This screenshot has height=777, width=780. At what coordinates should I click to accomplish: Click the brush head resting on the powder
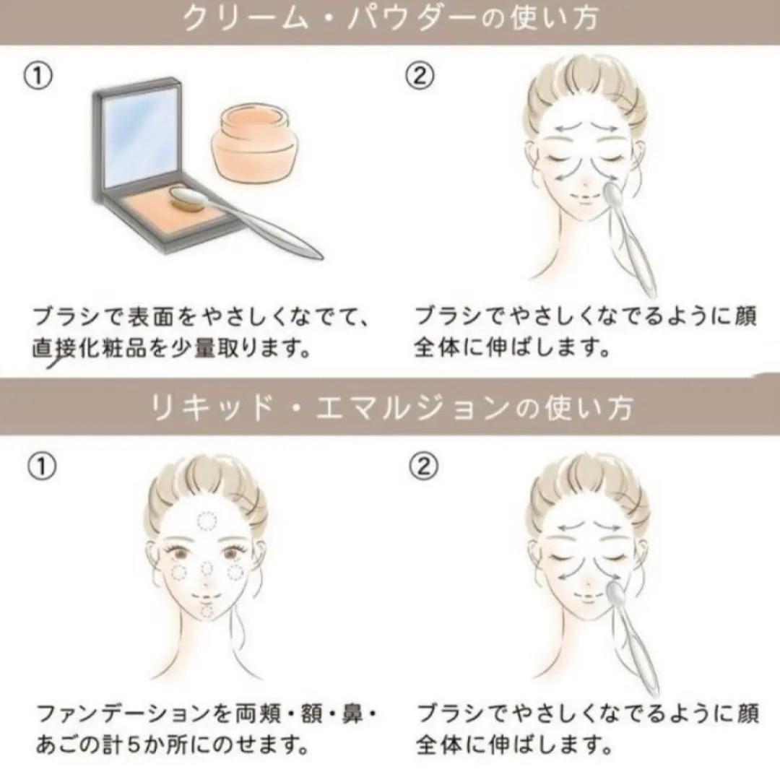point(185,198)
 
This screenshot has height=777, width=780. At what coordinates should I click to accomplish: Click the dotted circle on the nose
point(206,568)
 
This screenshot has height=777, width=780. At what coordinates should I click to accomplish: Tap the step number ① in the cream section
point(38,77)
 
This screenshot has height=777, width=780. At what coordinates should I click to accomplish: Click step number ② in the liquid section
point(423,466)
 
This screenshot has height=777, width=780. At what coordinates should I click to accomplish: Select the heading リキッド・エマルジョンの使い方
point(391,409)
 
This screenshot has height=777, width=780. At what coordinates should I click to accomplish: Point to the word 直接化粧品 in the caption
point(90,348)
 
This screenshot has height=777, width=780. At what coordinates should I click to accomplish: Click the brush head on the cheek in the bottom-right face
point(615,593)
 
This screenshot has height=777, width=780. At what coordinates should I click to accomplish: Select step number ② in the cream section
point(420,77)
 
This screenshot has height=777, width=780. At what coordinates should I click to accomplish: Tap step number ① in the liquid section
point(42,466)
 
